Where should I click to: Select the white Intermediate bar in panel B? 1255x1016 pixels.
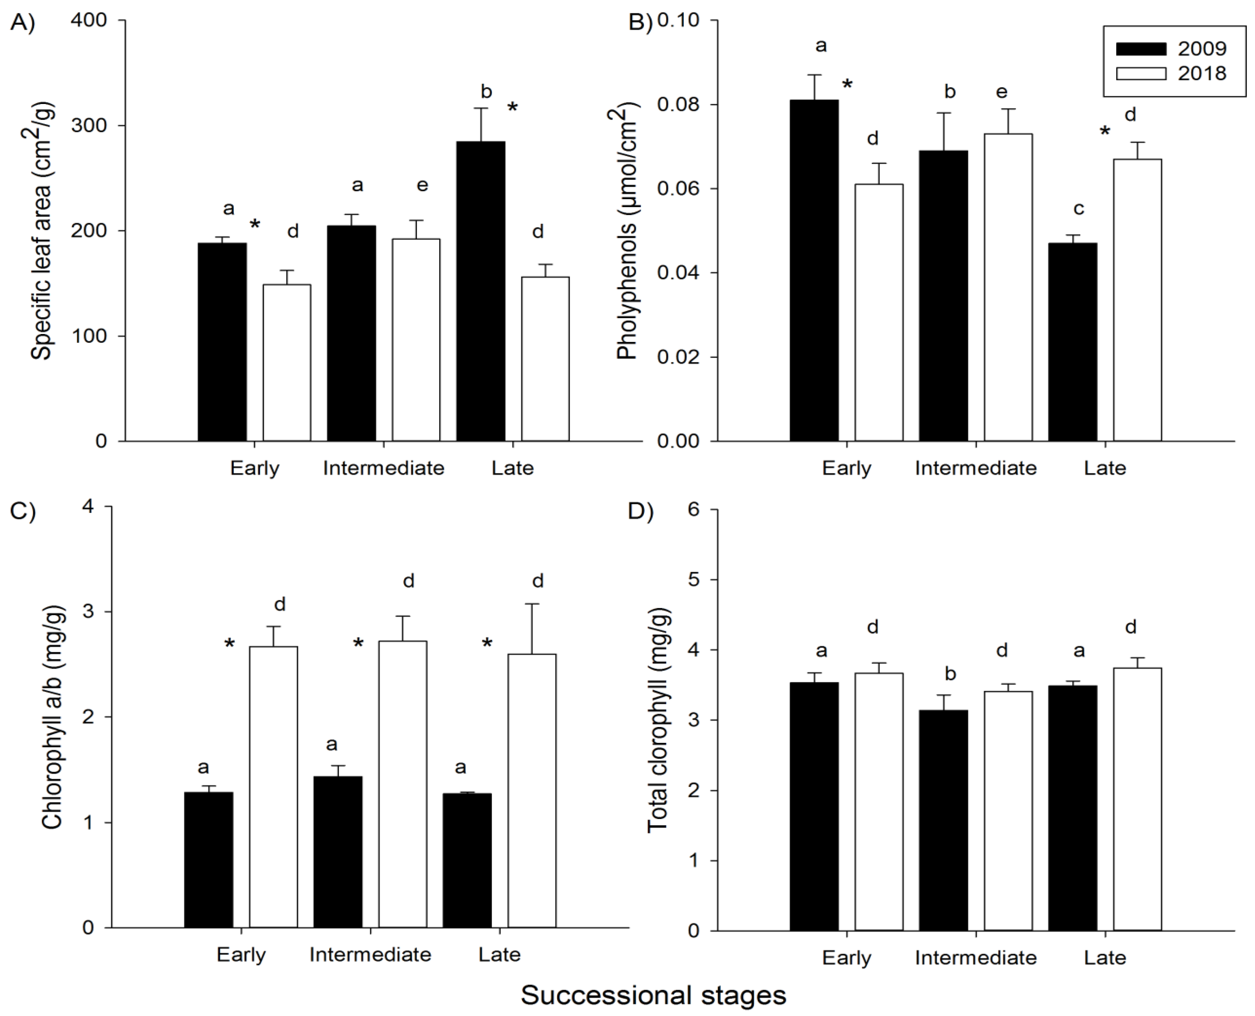(x=1008, y=287)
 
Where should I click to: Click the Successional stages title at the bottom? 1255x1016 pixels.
(x=653, y=995)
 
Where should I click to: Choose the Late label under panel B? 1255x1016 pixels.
(x=1105, y=468)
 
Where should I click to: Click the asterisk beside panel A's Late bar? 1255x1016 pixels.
(x=512, y=107)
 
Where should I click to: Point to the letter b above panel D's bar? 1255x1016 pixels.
(x=950, y=674)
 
